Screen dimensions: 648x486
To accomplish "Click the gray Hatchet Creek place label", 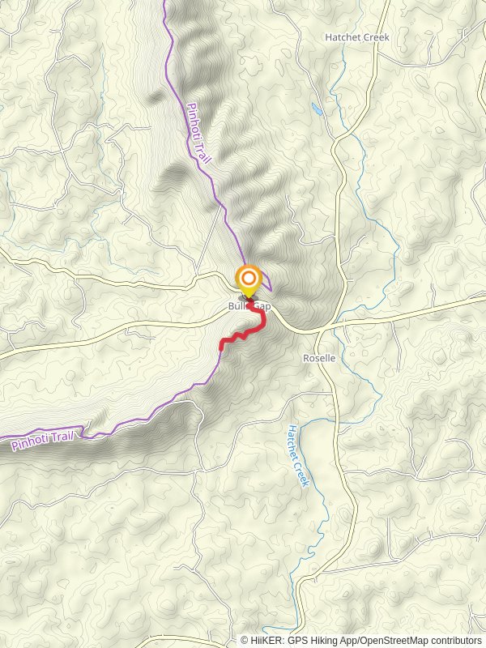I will pos(357,37).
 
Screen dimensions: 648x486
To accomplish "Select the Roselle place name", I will pos(318,357).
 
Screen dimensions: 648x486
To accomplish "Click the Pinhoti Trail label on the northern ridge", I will pos(198,134).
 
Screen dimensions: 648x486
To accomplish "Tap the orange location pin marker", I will pos(248,281).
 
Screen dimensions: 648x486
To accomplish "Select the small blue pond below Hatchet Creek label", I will pos(316,108).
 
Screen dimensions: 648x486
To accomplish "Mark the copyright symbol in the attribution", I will pos(245,640).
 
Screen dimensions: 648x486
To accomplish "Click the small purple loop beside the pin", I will pos(267,287).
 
